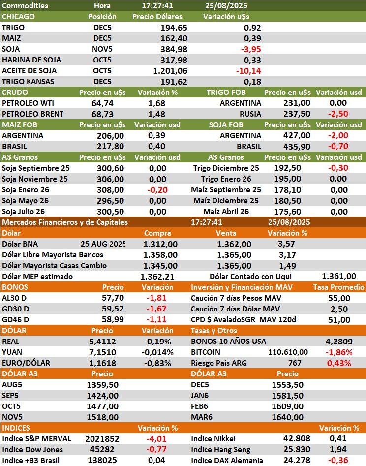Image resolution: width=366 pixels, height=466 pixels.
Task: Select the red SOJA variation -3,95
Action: click(x=251, y=49)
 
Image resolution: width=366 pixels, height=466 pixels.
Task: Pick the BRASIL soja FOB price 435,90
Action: click(x=297, y=146)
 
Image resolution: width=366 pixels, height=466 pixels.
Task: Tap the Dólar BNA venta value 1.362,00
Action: click(x=234, y=244)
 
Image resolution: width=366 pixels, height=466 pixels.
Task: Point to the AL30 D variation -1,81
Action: click(x=157, y=298)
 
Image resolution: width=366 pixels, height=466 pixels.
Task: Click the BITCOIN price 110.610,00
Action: click(x=288, y=352)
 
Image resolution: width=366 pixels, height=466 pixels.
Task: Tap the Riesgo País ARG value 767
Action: click(x=295, y=363)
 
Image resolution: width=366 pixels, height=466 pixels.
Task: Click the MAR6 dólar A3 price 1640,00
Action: click(x=287, y=417)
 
